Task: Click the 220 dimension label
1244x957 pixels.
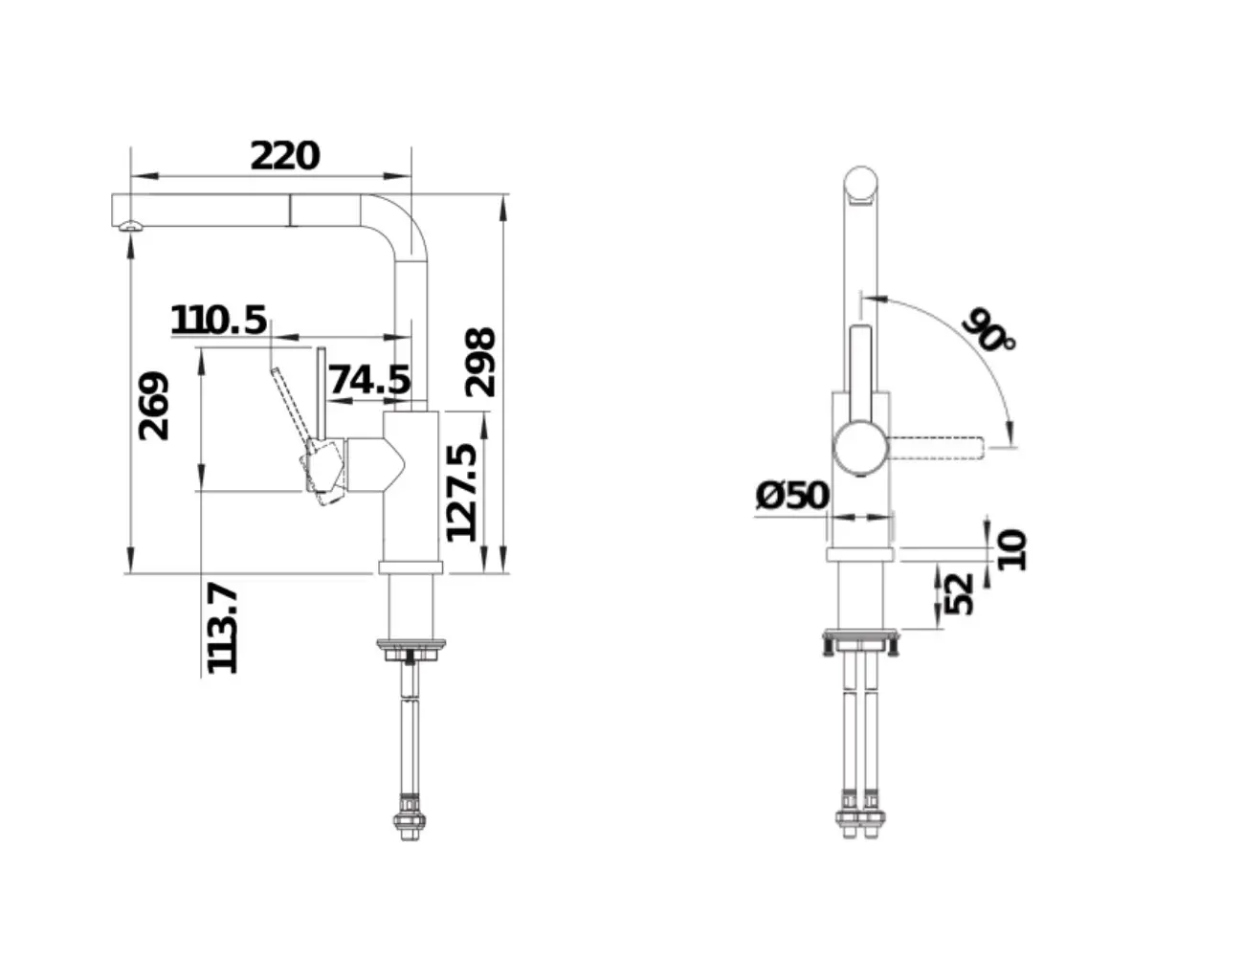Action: pyautogui.click(x=284, y=156)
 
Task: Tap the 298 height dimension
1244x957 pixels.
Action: pyautogui.click(x=479, y=362)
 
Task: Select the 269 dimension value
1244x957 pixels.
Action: pyautogui.click(x=154, y=406)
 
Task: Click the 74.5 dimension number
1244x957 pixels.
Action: pyautogui.click(x=369, y=379)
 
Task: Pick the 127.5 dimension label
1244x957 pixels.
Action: pyautogui.click(x=461, y=492)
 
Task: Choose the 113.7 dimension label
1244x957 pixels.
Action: pyautogui.click(x=222, y=629)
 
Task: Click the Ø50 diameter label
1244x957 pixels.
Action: pyautogui.click(x=792, y=495)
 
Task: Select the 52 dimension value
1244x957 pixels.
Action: pyautogui.click(x=958, y=593)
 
